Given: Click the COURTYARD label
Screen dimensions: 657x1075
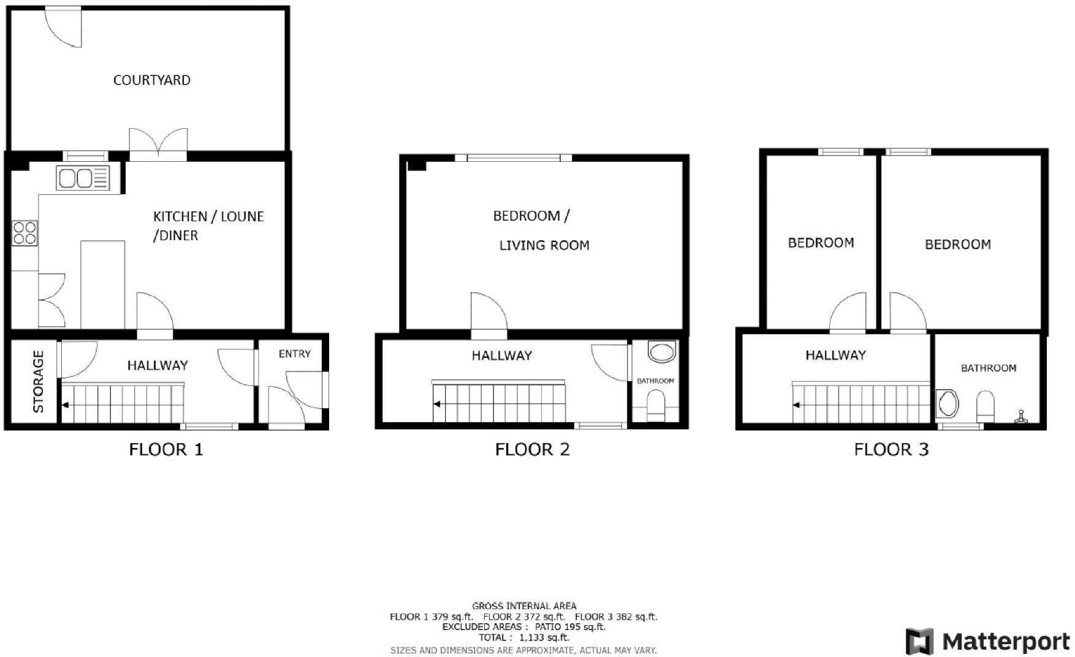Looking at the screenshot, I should pos(151,80).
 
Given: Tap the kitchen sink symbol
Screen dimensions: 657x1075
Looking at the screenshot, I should pos(83,178).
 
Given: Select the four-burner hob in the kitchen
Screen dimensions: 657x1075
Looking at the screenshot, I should pos(25,233).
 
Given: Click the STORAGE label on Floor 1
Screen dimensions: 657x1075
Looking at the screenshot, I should pos(38,381).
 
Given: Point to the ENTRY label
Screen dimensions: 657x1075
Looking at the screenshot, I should pos(294,354).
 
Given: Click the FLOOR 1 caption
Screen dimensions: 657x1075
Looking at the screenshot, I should pos(165,450).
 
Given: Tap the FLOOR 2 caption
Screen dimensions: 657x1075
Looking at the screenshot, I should pos(532,450).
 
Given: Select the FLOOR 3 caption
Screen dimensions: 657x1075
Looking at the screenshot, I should pos(891,450).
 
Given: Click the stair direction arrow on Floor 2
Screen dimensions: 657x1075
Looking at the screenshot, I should pos(438,404).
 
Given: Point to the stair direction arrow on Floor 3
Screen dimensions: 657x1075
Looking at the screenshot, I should pos(797,404).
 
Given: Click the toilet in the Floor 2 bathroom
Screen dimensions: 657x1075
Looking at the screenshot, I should pos(655,406).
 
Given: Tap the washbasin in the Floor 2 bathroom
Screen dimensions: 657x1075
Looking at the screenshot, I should pos(660,353).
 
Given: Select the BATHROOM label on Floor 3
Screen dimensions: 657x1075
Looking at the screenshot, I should pos(988,368).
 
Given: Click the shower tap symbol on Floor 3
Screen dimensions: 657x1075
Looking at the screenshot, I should pos(1021,417).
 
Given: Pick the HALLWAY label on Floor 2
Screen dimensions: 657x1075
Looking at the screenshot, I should pos(501,355).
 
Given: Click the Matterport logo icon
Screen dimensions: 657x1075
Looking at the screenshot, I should pos(919,642).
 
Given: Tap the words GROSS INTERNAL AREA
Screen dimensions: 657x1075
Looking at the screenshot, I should pos(524,606).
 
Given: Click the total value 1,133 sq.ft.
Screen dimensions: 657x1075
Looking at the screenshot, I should pos(544,638).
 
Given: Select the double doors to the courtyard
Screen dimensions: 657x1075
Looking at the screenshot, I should pos(158,145).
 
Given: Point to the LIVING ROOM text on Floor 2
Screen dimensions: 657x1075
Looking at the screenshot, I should pos(544,246).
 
